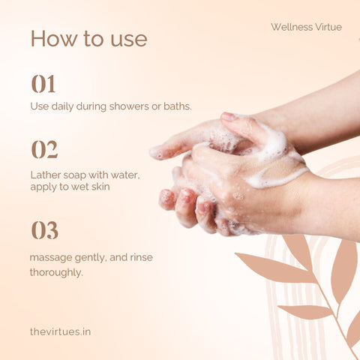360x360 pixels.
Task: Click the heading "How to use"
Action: [x=89, y=39]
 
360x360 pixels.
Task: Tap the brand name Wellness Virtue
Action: [x=306, y=27]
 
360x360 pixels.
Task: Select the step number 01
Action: [x=43, y=84]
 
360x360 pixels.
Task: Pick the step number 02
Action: [x=45, y=149]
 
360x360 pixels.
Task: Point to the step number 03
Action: [x=45, y=230]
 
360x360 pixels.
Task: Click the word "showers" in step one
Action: [x=129, y=106]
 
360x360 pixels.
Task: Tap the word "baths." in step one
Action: [x=178, y=106]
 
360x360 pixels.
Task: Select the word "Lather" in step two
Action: [x=46, y=175]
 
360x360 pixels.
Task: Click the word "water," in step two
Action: [x=125, y=175]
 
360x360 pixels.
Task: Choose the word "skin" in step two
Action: [x=100, y=187]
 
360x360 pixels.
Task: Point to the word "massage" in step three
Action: [x=51, y=258]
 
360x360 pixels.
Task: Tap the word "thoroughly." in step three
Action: [x=56, y=272]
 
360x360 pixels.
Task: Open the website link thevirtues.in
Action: [x=60, y=331]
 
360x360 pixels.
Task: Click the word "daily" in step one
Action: [x=62, y=106]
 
